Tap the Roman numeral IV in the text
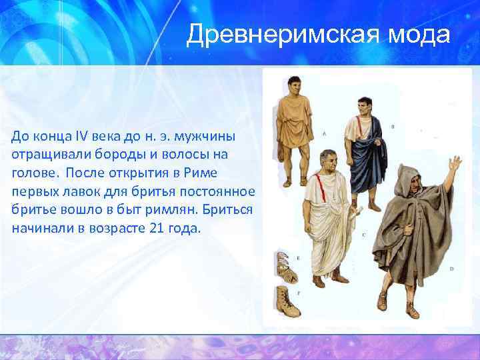coord(85,137)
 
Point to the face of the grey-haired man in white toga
coord(327,161)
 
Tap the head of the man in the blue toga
coord(365,106)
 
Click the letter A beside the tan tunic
coord(324,133)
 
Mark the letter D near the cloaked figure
coord(451,269)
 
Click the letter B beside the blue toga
coord(393,125)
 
